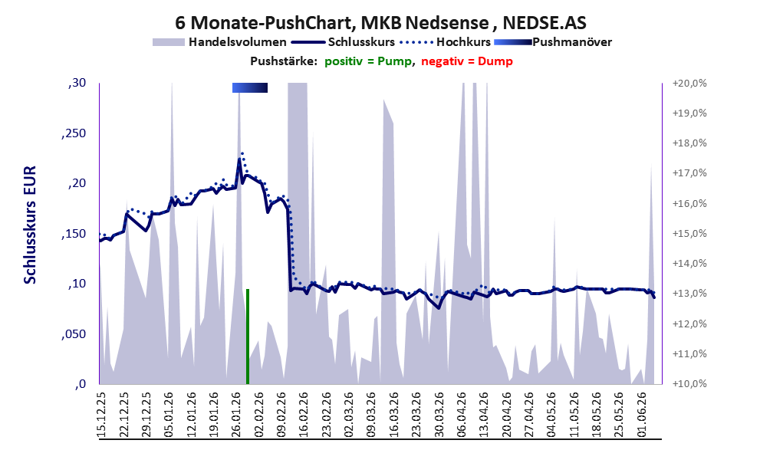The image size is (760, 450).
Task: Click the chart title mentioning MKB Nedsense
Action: [380, 22]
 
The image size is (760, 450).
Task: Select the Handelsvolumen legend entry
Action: [219, 42]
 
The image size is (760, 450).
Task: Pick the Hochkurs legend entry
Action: [446, 42]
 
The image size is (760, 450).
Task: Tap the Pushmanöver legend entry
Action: [553, 42]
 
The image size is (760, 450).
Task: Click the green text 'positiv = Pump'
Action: [368, 61]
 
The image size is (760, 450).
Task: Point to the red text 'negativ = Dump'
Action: [467, 61]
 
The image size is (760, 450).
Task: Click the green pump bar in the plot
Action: [248, 337]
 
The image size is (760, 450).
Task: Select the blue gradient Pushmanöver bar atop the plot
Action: [250, 87]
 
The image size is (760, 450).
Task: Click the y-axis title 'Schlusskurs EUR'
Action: [30, 225]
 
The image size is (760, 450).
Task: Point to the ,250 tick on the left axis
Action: [74, 133]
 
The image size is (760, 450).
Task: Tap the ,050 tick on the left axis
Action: [74, 334]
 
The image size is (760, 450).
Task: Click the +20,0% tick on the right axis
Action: [689, 84]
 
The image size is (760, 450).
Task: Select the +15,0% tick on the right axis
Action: [689, 234]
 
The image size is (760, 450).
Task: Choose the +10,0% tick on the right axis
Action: [689, 384]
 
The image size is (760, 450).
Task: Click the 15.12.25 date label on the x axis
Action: [102, 414]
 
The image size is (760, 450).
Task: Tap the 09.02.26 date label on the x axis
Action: [282, 414]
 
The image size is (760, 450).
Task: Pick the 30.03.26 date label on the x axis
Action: [439, 414]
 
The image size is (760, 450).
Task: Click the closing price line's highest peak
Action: [239, 159]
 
